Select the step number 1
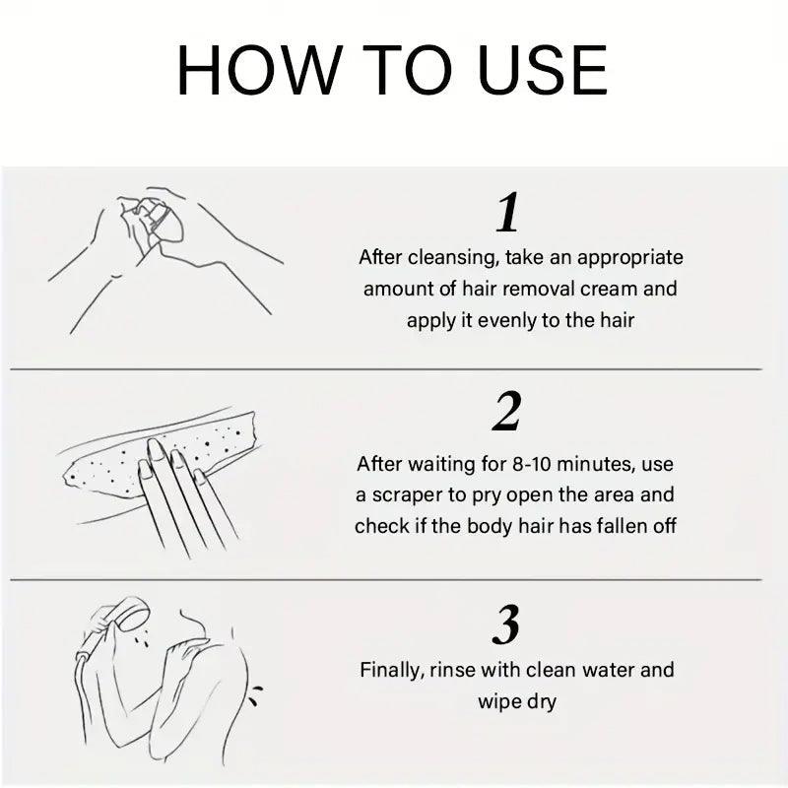click(507, 213)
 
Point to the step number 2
click(507, 412)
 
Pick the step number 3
click(506, 624)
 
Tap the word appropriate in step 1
click(630, 258)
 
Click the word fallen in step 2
click(622, 526)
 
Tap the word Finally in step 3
click(393, 671)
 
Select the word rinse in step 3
click(452, 671)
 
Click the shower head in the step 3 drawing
click(129, 614)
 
